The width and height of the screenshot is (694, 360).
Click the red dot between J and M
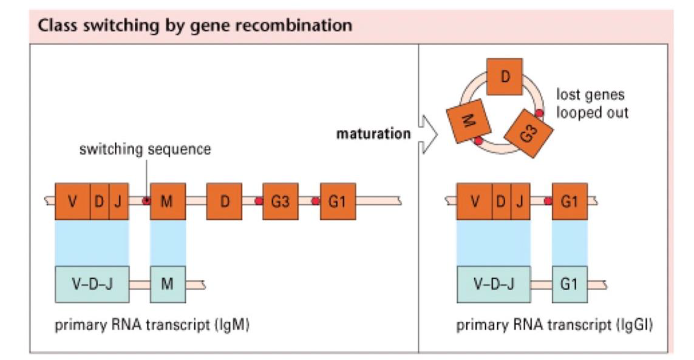click(x=146, y=201)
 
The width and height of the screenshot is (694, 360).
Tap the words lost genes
click(x=582, y=95)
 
